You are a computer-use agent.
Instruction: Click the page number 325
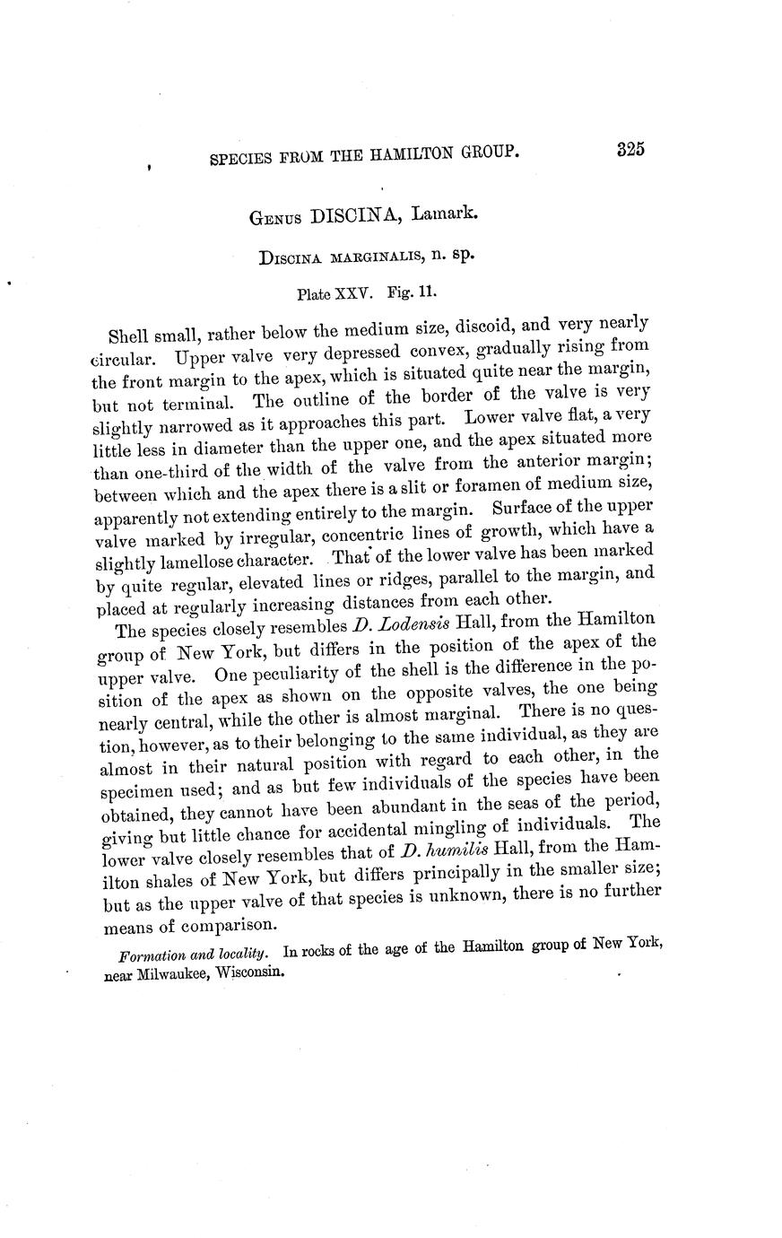click(631, 150)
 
